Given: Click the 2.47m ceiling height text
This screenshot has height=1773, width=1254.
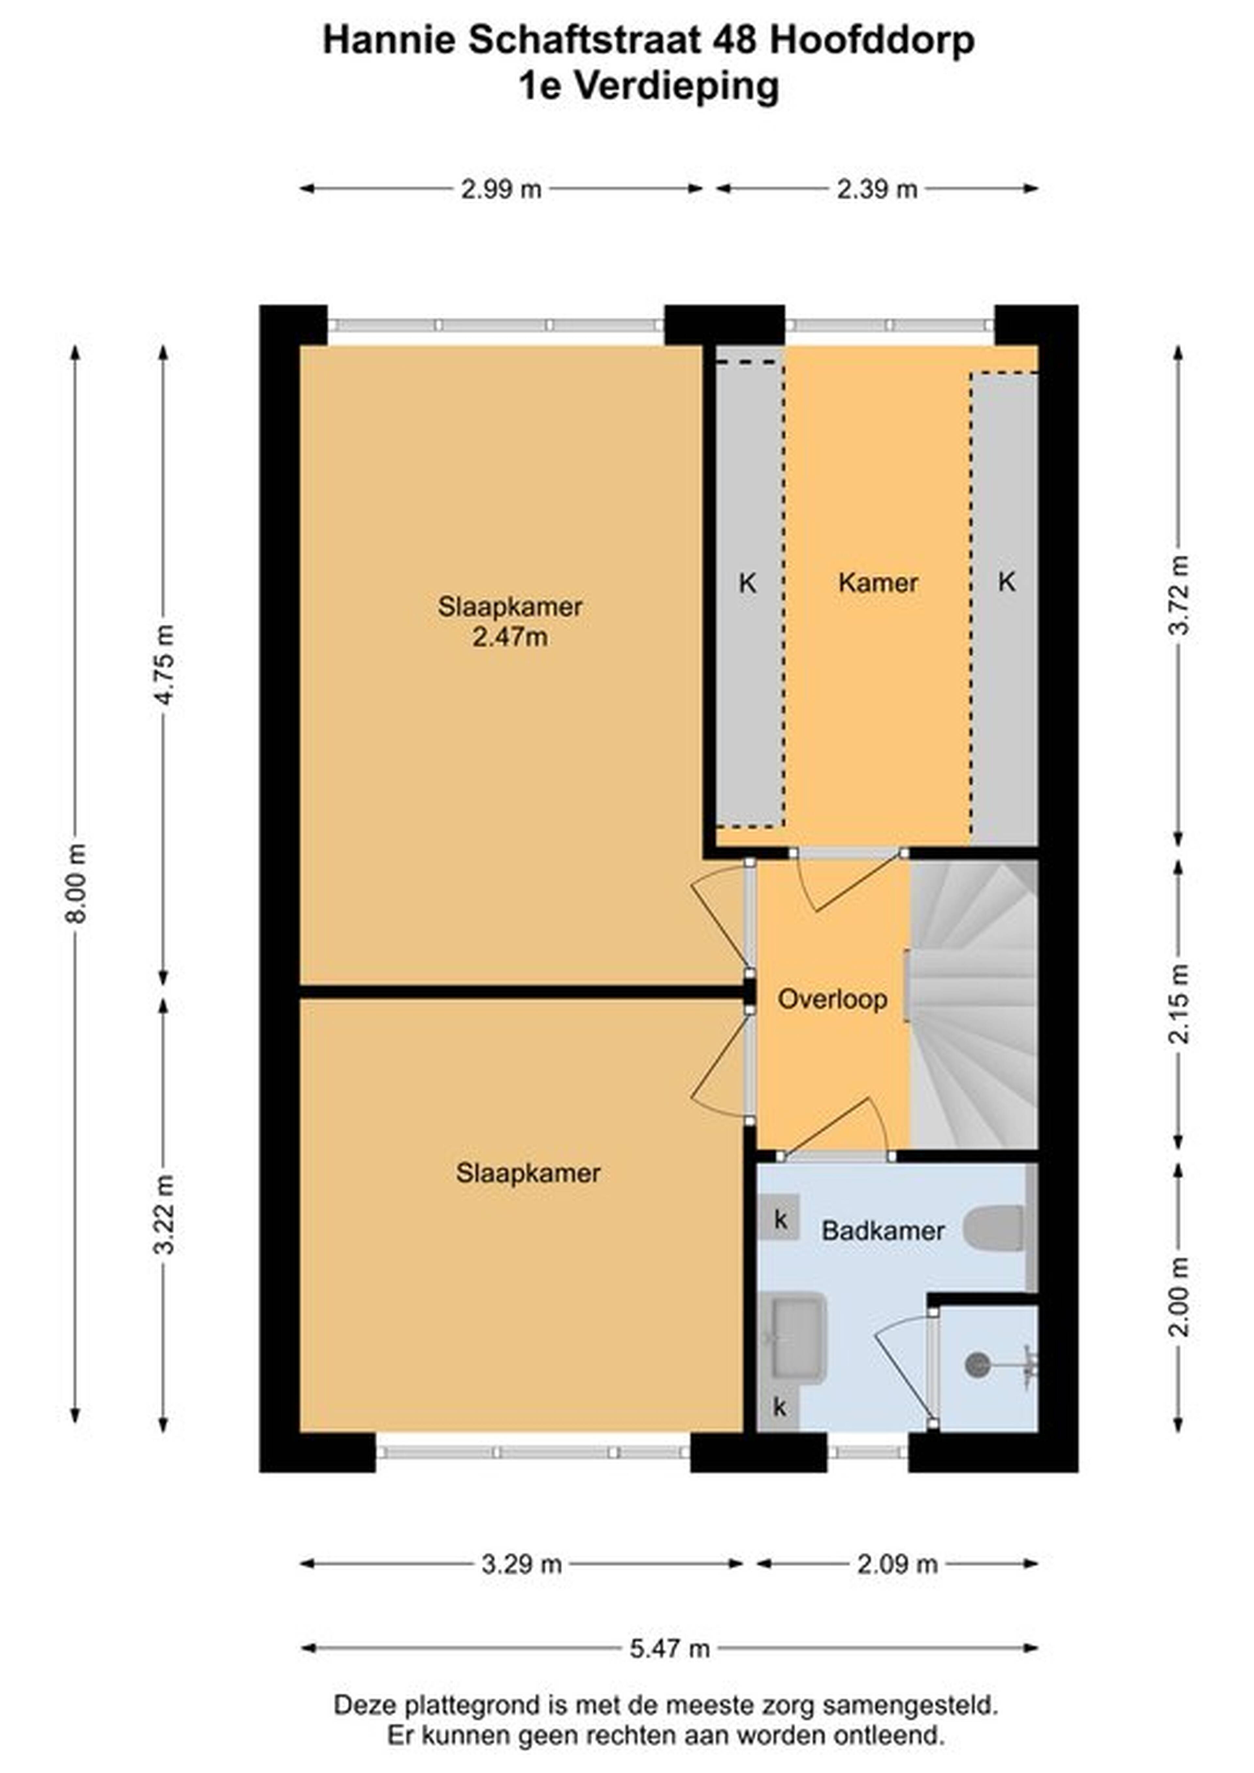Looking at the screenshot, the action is pos(510,637).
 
